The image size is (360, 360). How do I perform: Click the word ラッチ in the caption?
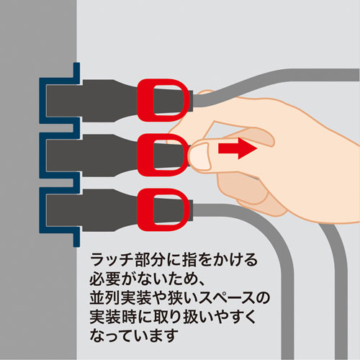[x=107, y=258]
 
